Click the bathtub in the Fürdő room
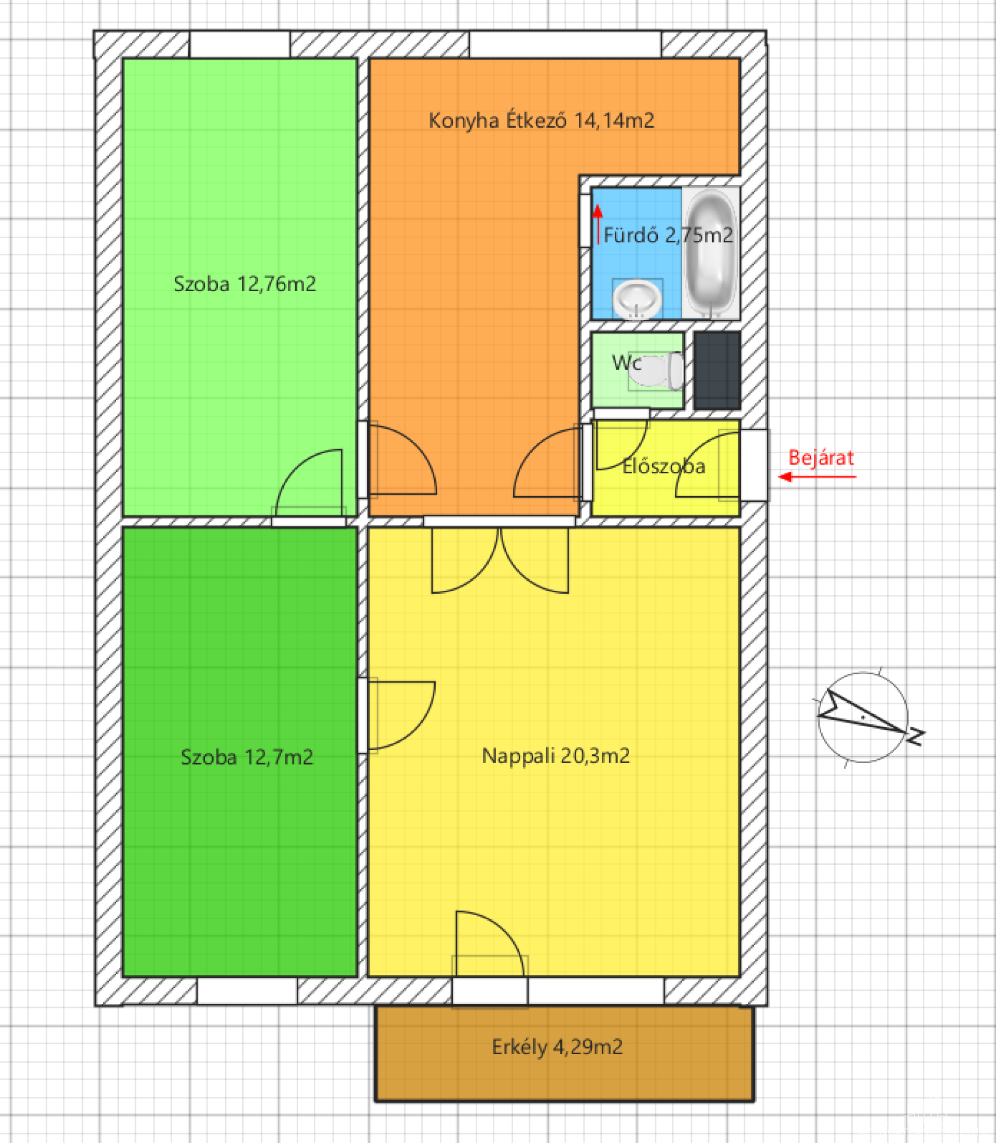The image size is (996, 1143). (x=710, y=254)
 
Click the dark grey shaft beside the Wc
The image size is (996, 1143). (x=717, y=371)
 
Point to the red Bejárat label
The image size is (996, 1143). (x=821, y=458)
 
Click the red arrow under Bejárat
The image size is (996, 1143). (x=817, y=477)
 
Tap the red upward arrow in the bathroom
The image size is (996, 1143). (x=598, y=224)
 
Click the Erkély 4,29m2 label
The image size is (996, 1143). (x=557, y=1047)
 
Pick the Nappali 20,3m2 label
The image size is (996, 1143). (x=556, y=756)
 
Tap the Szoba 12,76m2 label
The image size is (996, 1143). (x=244, y=284)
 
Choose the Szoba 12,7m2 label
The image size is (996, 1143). (x=247, y=757)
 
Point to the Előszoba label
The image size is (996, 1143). (x=663, y=466)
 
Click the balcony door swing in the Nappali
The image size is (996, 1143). (x=489, y=944)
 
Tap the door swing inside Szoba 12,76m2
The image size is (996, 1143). (x=309, y=482)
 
